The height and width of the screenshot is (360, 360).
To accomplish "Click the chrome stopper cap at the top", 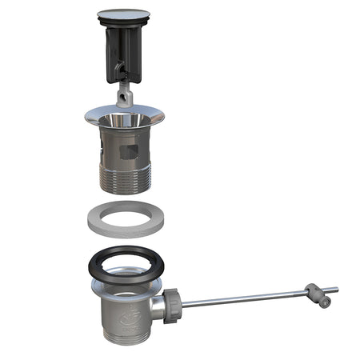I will pos(122,14).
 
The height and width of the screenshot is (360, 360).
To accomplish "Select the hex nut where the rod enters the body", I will pos(173,305).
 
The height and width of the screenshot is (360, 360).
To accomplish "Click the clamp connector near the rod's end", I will pos(314,293).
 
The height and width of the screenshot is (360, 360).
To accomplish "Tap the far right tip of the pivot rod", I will pos(335,289).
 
